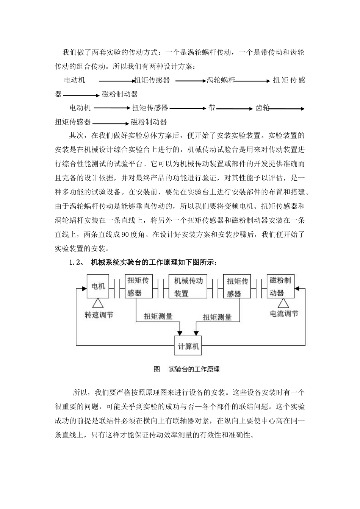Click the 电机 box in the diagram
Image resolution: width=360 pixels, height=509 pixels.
[x=98, y=286]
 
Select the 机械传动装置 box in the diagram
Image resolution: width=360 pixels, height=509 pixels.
[x=188, y=287]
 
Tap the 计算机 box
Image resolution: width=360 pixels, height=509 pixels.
[x=188, y=346]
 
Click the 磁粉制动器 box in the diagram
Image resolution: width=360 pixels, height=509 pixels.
[x=280, y=286]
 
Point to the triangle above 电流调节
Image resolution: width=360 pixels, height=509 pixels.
[x=283, y=303]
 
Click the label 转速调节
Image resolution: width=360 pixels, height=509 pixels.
[x=99, y=315]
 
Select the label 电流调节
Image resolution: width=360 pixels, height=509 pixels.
[x=284, y=314]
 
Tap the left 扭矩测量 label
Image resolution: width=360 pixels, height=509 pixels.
[x=158, y=316]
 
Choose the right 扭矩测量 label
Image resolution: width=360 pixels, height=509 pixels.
[x=217, y=317]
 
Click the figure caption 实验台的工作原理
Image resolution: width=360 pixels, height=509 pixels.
[x=194, y=369]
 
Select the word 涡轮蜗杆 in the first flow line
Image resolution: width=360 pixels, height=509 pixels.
[x=221, y=80]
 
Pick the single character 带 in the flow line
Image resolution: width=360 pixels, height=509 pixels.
[x=212, y=108]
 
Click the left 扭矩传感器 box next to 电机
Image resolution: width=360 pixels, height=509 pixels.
[x=138, y=286]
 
